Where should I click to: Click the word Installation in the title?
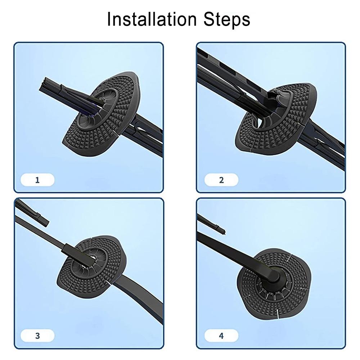pyautogui.click(x=152, y=19)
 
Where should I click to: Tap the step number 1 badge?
pyautogui.click(x=38, y=180)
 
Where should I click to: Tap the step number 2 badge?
pyautogui.click(x=221, y=180)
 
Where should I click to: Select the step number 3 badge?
pyautogui.click(x=38, y=336)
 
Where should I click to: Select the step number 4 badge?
pyautogui.click(x=221, y=336)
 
